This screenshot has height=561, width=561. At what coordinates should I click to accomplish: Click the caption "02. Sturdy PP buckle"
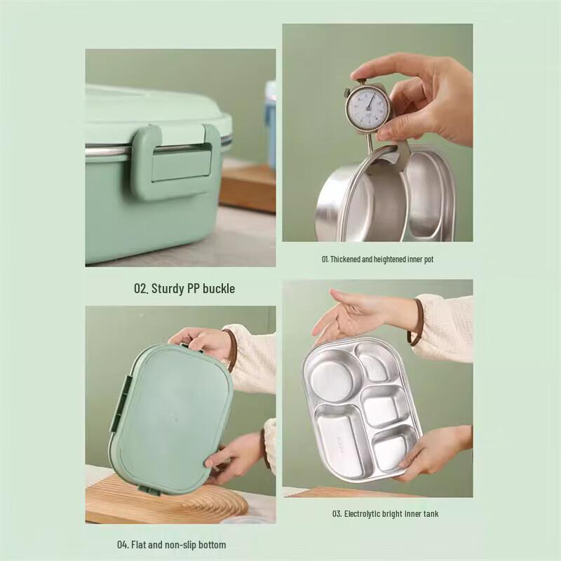pos(184,288)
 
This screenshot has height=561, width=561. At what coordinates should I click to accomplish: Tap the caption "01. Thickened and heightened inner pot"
pos(377,259)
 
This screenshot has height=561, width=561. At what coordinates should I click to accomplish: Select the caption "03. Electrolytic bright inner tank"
pos(386,514)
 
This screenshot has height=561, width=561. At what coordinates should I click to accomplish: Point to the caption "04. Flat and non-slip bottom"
pos(171,545)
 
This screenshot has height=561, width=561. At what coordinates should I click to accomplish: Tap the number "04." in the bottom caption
pos(123,545)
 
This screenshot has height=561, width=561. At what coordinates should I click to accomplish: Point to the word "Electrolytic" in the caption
pos(363,514)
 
